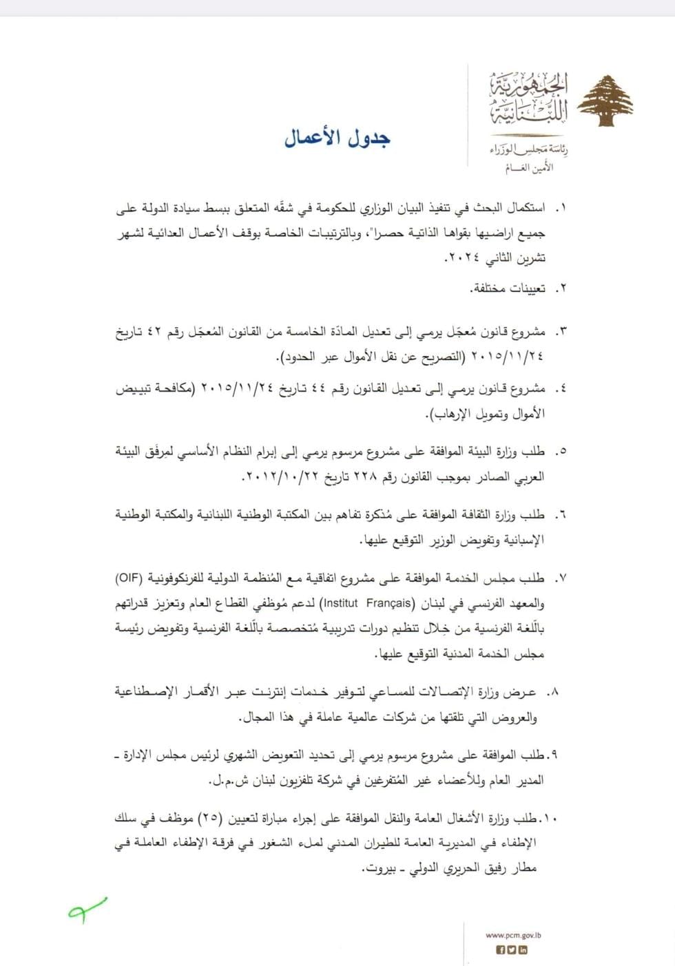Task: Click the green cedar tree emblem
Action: click(605, 101)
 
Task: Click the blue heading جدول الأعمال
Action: click(337, 138)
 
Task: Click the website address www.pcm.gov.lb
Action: click(513, 935)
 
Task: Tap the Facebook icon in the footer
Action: click(501, 949)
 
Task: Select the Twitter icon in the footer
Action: click(512, 949)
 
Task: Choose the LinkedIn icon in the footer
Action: click(523, 949)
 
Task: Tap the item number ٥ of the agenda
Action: click(560, 452)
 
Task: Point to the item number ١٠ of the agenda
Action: click(549, 818)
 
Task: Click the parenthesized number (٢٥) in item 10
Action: click(208, 818)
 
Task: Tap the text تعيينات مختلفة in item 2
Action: click(508, 288)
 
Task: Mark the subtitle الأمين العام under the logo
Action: click(529, 167)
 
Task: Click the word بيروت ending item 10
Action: click(380, 868)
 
